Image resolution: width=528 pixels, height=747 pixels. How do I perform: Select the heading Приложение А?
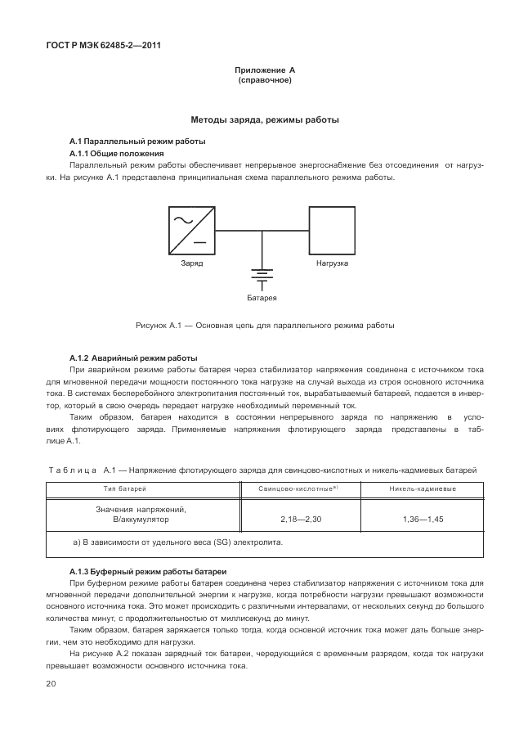coord(264,71)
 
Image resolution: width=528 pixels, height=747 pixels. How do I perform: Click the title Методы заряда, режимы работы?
coord(264,119)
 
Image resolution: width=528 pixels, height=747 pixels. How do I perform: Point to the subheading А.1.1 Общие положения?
coord(117,153)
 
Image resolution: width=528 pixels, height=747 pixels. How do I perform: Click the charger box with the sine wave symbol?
coord(194,231)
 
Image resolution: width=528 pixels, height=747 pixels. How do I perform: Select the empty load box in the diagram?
coord(331,231)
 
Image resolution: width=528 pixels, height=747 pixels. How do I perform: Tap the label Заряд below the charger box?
coord(192,264)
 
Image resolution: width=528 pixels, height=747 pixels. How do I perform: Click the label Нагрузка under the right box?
coord(332,264)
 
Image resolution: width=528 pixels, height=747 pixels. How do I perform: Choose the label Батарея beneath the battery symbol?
coord(262,297)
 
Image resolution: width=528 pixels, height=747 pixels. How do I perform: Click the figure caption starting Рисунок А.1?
coord(264,325)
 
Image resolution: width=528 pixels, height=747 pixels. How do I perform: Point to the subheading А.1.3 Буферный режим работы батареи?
coord(147,570)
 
